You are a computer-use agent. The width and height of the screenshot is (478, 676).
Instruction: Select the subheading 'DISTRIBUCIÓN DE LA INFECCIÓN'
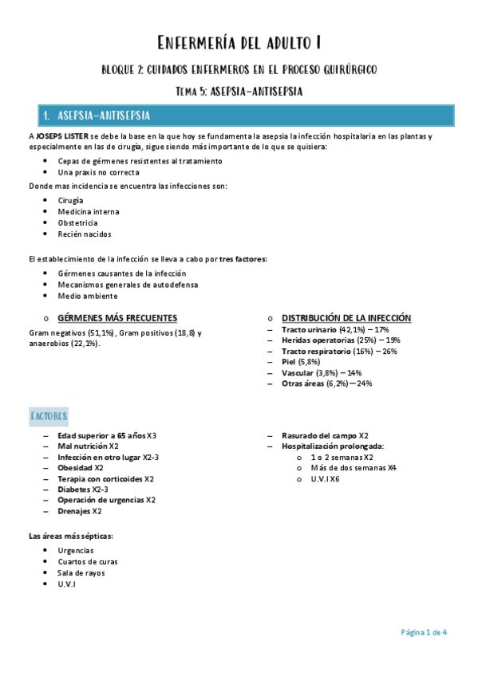point(346,318)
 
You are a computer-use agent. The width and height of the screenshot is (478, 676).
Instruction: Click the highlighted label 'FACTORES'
point(49,416)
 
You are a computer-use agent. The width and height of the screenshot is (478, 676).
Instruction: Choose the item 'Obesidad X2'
point(81,468)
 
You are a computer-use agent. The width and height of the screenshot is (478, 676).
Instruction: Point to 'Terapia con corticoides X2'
point(105,479)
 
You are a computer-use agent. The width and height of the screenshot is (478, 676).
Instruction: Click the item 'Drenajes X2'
point(79,511)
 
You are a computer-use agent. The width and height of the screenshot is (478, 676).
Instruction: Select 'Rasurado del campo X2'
point(325,436)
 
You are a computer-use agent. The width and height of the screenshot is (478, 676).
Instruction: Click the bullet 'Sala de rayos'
point(81,572)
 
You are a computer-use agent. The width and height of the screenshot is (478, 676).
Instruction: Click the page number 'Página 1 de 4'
point(423,632)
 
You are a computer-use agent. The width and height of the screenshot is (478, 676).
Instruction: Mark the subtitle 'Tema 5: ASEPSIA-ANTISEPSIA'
point(239,91)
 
